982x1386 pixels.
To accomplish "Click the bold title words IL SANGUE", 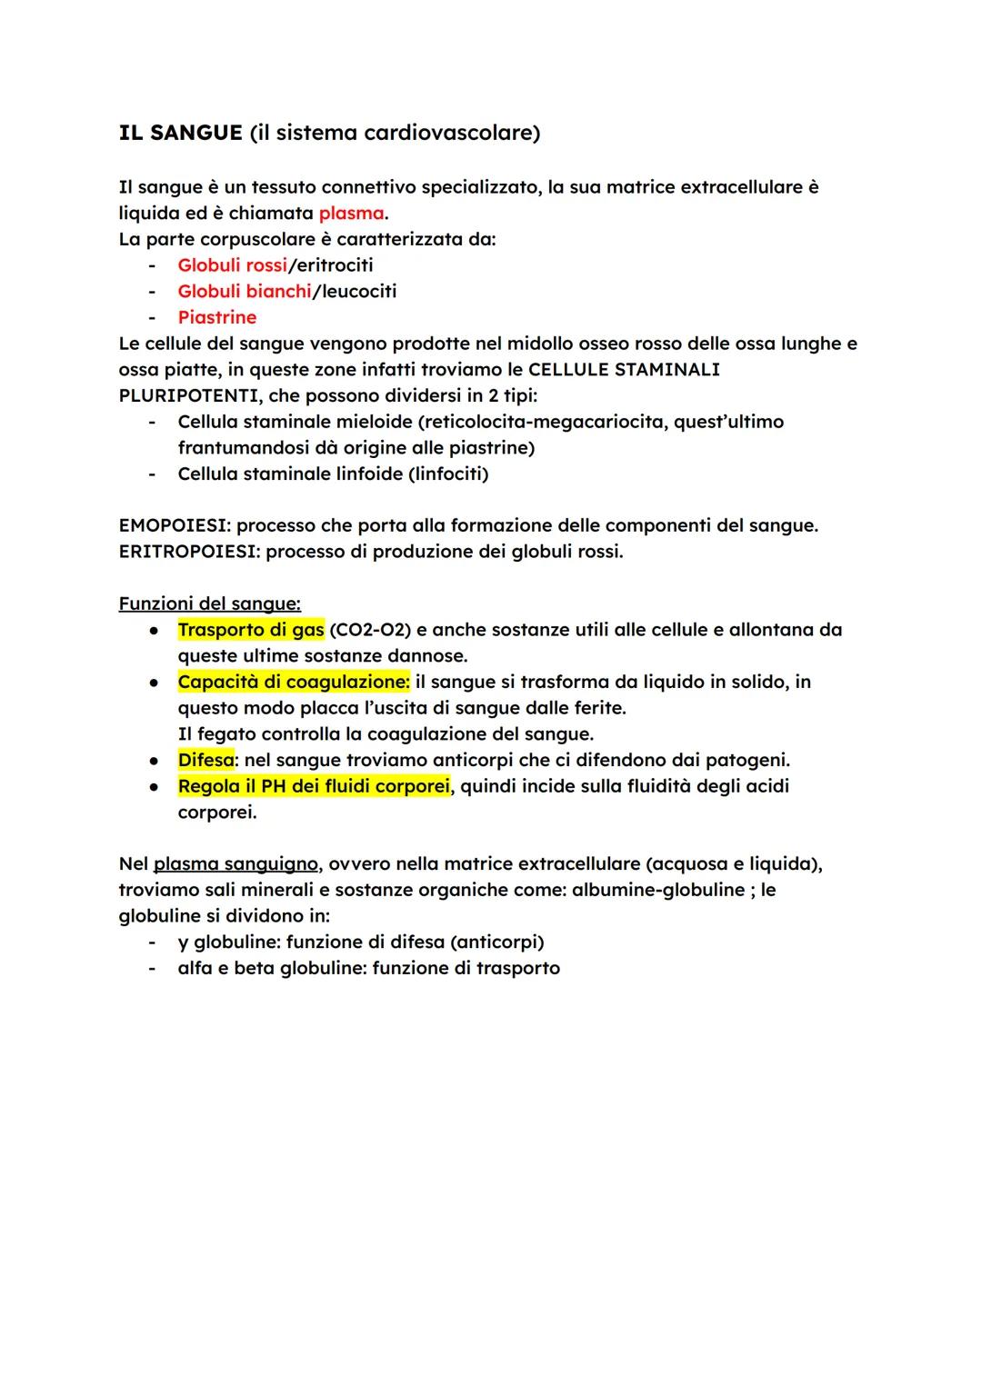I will pyautogui.click(x=180, y=134).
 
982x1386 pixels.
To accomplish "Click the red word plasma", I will pyautogui.click(x=351, y=214).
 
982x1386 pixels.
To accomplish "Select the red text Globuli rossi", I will pyautogui.click(x=232, y=265).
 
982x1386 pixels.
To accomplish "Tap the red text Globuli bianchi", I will pyautogui.click(x=244, y=292).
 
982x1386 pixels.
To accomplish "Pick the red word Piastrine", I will pyautogui.click(x=217, y=318).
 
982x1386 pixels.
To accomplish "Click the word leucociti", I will pyautogui.click(x=356, y=292).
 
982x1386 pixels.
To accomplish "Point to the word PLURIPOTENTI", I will pyautogui.click(x=189, y=396).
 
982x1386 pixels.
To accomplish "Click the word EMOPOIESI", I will pyautogui.click(x=172, y=526).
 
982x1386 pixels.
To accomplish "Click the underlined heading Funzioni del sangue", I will pyautogui.click(x=209, y=604).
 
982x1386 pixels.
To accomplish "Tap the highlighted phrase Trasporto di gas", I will pyautogui.click(x=250, y=630).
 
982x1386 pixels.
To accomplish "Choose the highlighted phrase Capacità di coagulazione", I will pyautogui.click(x=293, y=683).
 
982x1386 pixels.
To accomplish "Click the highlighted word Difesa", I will pyautogui.click(x=205, y=761).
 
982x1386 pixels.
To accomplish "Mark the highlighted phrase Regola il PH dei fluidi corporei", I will pyautogui.click(x=314, y=786).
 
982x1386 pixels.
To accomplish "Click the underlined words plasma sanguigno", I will pyautogui.click(x=235, y=864).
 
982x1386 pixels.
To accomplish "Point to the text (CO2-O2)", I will pyautogui.click(x=370, y=630).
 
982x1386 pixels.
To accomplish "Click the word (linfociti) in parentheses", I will pyautogui.click(x=446, y=474).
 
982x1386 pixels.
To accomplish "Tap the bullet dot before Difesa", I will pyautogui.click(x=157, y=761).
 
